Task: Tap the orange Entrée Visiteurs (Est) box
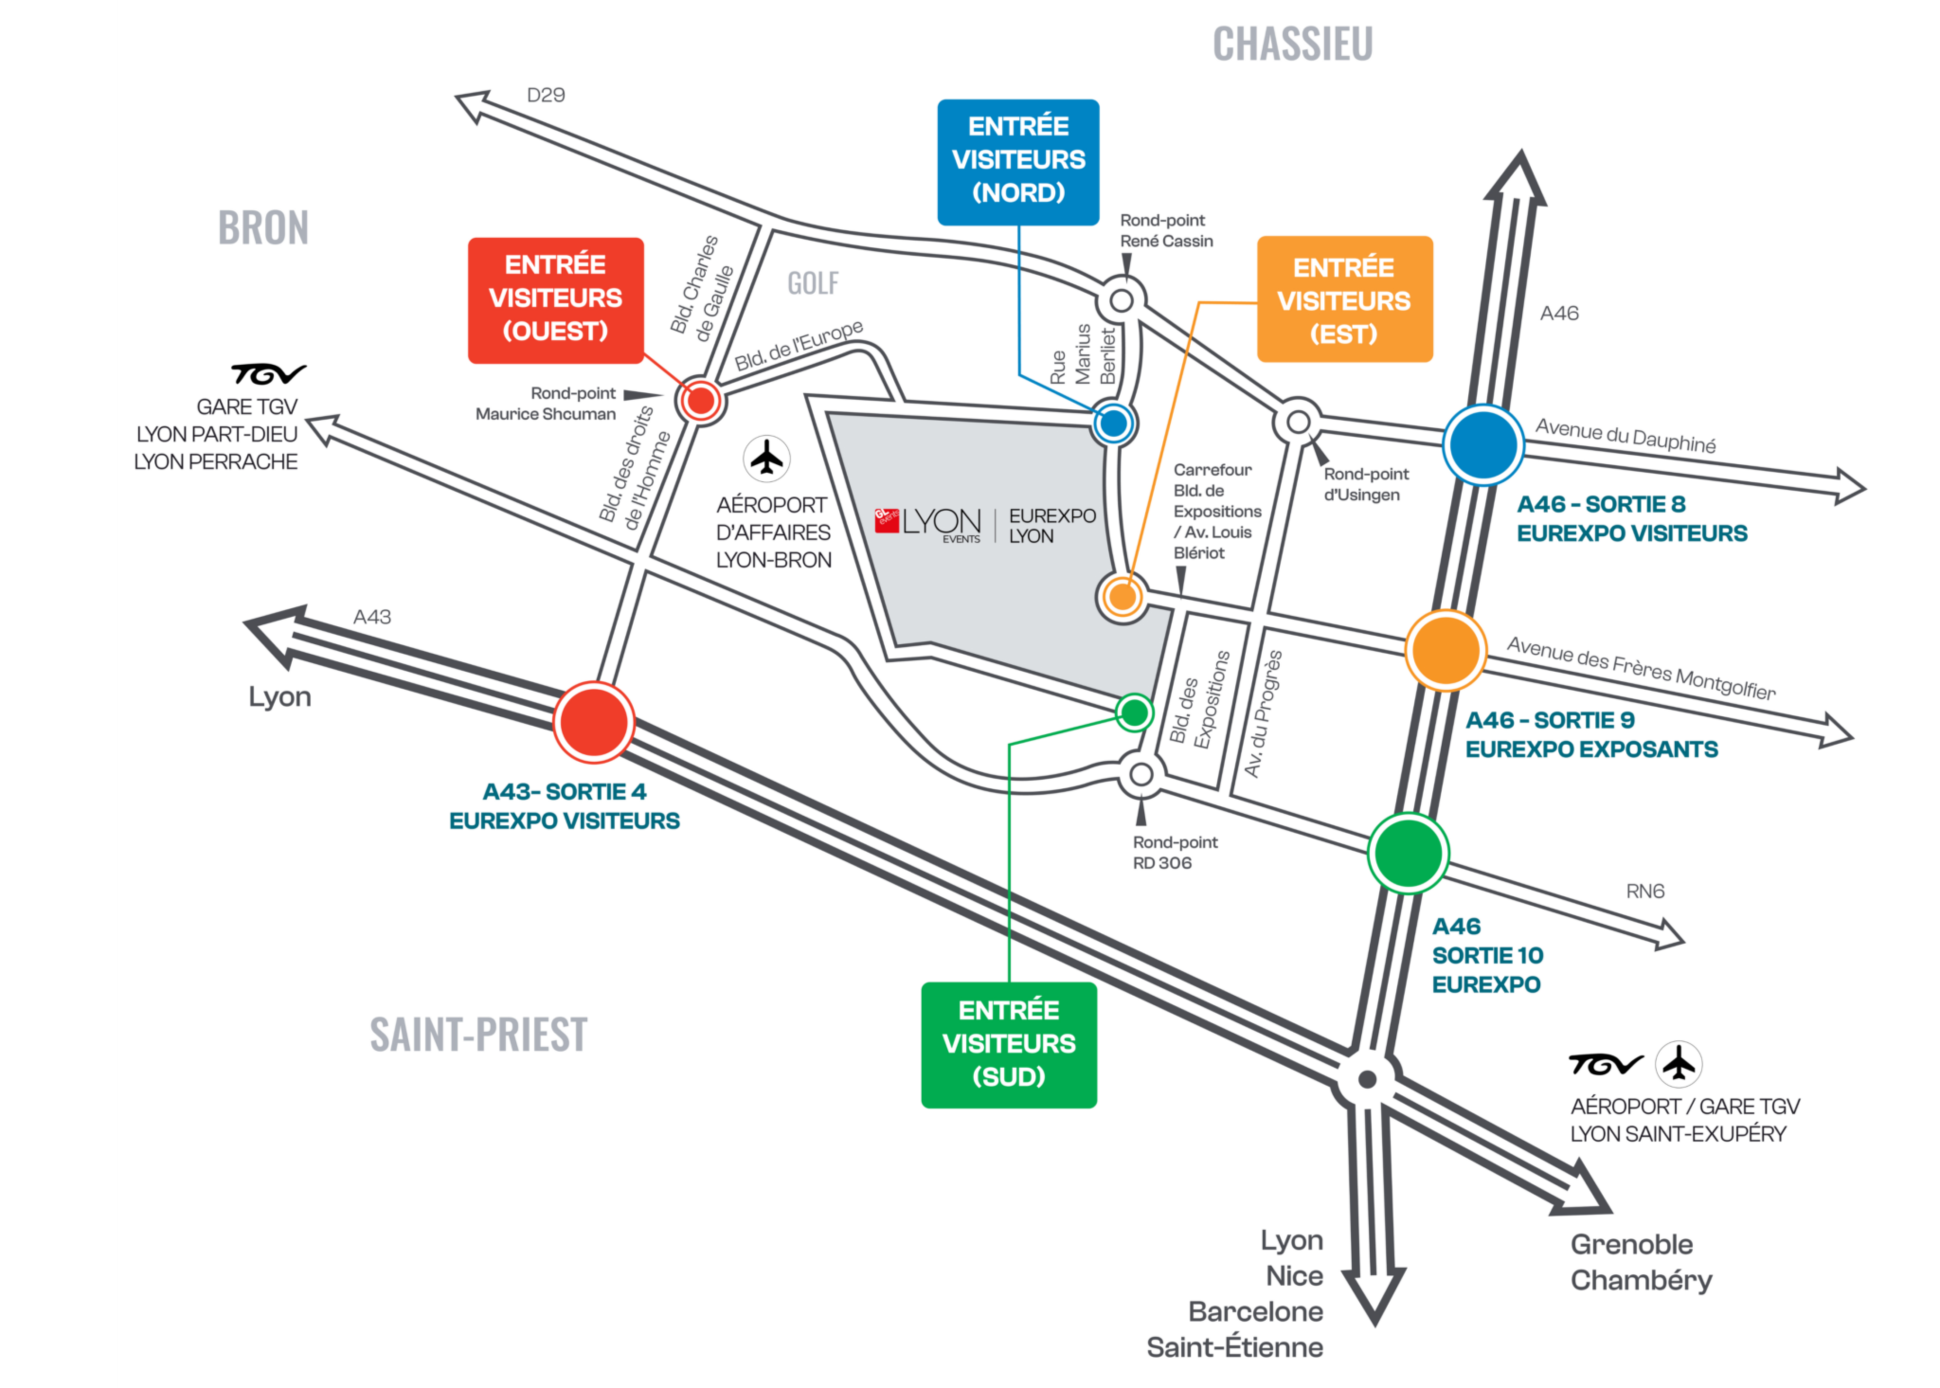pos(1344,299)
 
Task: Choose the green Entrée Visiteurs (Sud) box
pos(1008,1045)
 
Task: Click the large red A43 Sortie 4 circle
pos(593,722)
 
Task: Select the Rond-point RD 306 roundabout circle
pos(1141,775)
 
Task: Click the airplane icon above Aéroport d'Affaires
pos(766,458)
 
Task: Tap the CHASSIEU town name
pos(1292,45)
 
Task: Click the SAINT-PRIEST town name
pos(478,1034)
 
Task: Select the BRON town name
pos(263,228)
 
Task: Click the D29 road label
pos(545,95)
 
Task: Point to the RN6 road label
pos(1644,892)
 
